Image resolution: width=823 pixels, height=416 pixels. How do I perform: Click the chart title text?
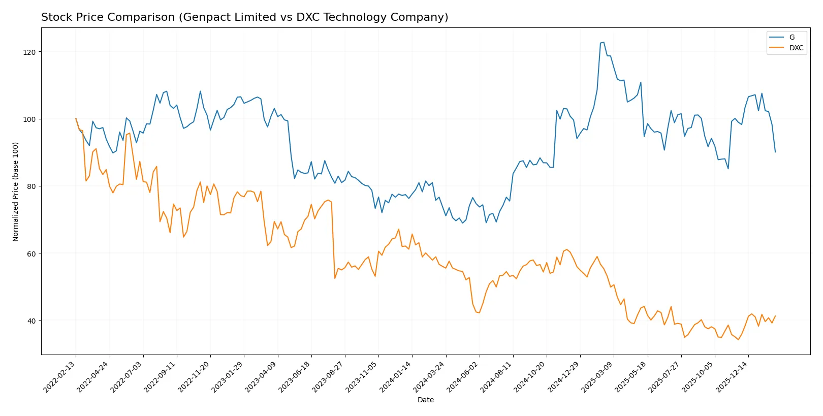click(x=244, y=17)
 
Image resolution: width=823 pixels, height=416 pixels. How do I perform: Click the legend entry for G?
click(x=792, y=37)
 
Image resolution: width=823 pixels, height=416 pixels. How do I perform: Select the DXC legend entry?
click(x=796, y=48)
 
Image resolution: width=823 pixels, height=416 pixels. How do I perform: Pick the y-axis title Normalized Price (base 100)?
click(x=16, y=191)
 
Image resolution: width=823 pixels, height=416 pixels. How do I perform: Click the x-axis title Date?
click(x=425, y=400)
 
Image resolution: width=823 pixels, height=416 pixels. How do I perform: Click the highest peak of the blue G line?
click(x=603, y=42)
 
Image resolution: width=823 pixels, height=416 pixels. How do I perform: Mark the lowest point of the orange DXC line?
click(x=738, y=339)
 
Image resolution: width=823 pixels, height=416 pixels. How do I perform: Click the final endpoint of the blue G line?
click(x=775, y=152)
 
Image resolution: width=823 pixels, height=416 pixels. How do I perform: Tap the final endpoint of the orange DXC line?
click(x=775, y=316)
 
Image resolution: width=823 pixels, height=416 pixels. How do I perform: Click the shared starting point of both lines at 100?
click(x=76, y=119)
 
